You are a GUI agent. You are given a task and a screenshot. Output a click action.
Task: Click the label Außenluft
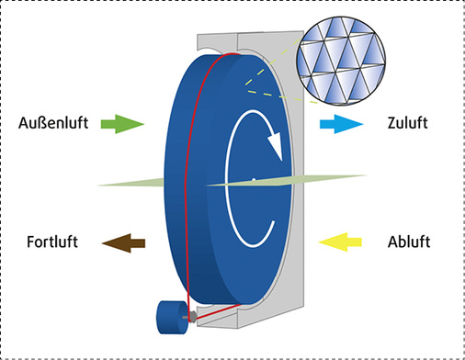click(51, 122)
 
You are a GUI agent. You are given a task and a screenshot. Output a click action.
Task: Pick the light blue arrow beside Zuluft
click(335, 122)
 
